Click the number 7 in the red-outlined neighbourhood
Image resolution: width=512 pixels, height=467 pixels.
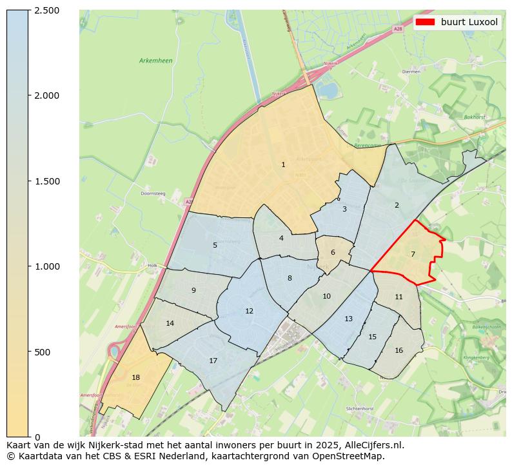click(x=413, y=254)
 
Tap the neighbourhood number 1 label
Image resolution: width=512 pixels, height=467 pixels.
click(x=283, y=165)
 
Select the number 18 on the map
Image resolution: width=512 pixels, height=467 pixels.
click(x=135, y=378)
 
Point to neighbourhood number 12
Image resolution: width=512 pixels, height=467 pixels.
click(x=249, y=312)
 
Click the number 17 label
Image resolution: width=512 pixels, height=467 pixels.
click(x=213, y=361)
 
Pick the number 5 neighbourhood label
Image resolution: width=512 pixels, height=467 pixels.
click(x=215, y=245)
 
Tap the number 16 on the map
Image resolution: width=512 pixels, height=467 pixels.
click(x=399, y=351)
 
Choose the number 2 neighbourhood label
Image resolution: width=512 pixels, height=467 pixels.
click(x=397, y=206)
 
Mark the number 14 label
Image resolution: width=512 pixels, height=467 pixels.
click(x=170, y=324)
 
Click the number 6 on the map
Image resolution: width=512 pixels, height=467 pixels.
click(x=333, y=253)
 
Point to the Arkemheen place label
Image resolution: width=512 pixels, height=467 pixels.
click(x=155, y=61)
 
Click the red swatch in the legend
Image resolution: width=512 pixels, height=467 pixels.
click(x=425, y=22)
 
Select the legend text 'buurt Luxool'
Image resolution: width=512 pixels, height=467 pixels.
click(x=469, y=22)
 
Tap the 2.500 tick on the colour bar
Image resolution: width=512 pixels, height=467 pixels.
click(x=47, y=10)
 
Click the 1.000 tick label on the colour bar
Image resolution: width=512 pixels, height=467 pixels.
click(x=47, y=266)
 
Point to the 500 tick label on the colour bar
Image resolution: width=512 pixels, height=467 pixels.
click(x=43, y=352)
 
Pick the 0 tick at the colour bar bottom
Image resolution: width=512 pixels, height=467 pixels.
click(x=37, y=437)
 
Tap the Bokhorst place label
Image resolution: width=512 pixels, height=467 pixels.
click(x=474, y=117)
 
